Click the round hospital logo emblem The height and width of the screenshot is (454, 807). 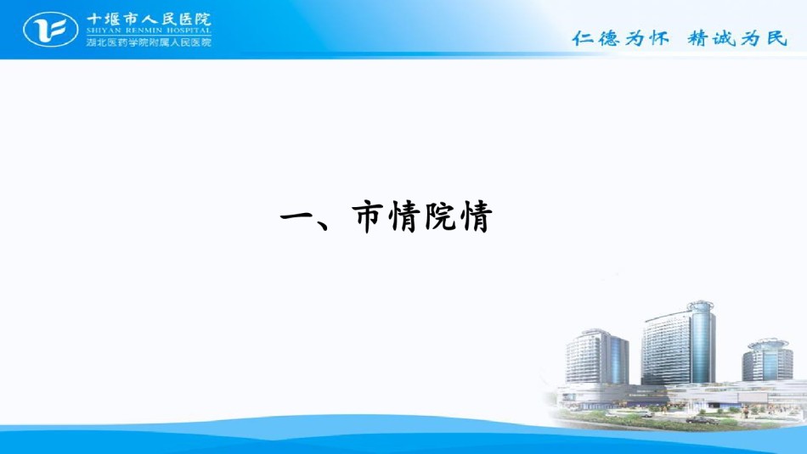coord(50,30)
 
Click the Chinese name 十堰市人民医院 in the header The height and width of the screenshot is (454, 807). coord(149,19)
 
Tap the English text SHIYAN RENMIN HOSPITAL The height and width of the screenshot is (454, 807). coord(149,31)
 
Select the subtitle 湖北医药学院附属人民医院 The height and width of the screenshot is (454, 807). coord(149,42)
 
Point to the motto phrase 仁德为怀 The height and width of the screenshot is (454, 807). coord(621,37)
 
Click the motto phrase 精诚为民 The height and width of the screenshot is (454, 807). coord(737,37)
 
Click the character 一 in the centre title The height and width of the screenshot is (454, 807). coord(297,216)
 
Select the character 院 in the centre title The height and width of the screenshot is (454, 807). coord(440,216)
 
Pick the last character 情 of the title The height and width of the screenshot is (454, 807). coord(476,216)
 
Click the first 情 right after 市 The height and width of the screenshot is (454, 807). coord(404,216)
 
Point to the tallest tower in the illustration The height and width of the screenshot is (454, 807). coord(679,344)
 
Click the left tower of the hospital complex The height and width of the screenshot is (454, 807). coord(597,356)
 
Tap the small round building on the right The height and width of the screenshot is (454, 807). coord(767,360)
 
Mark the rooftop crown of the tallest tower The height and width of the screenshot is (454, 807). coord(701,306)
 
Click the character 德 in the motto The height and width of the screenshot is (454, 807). coord(608,37)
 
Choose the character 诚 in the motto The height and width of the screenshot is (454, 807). coord(724,37)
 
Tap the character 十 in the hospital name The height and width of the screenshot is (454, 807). coord(94,20)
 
